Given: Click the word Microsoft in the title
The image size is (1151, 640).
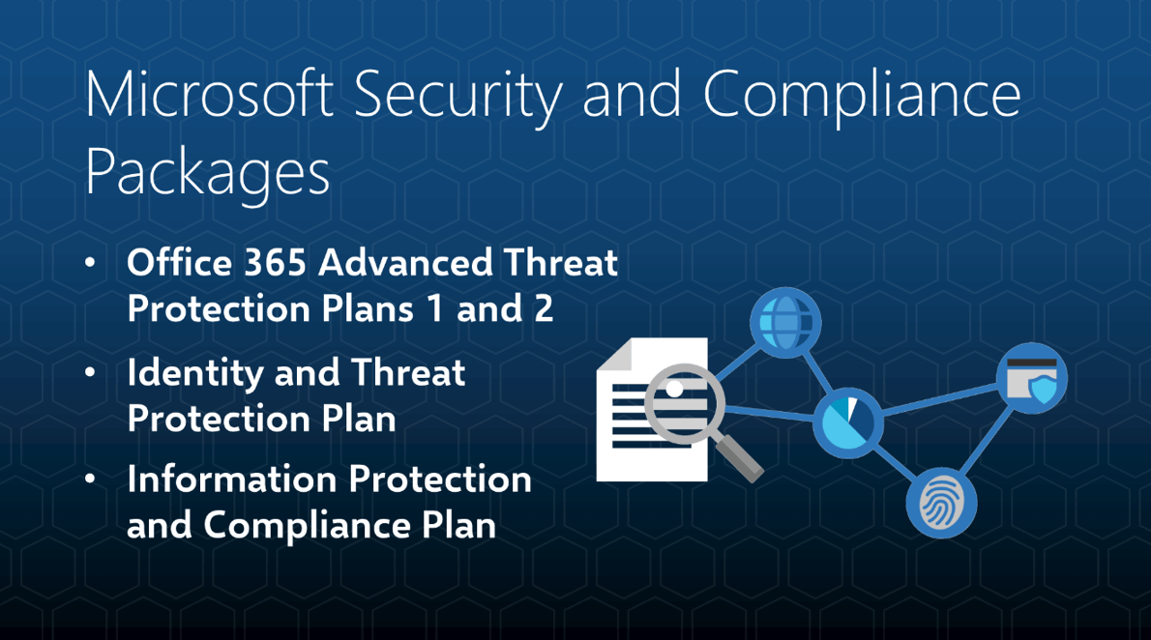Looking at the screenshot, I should [x=209, y=96].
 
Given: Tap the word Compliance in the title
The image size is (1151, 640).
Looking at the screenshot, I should [x=862, y=96].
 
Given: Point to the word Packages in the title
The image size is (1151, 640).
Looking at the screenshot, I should [x=207, y=173].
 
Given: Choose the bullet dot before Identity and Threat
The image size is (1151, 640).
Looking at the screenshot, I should [x=90, y=373].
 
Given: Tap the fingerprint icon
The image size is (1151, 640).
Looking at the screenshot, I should [x=941, y=503].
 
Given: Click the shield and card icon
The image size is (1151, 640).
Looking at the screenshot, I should [x=1032, y=378].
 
